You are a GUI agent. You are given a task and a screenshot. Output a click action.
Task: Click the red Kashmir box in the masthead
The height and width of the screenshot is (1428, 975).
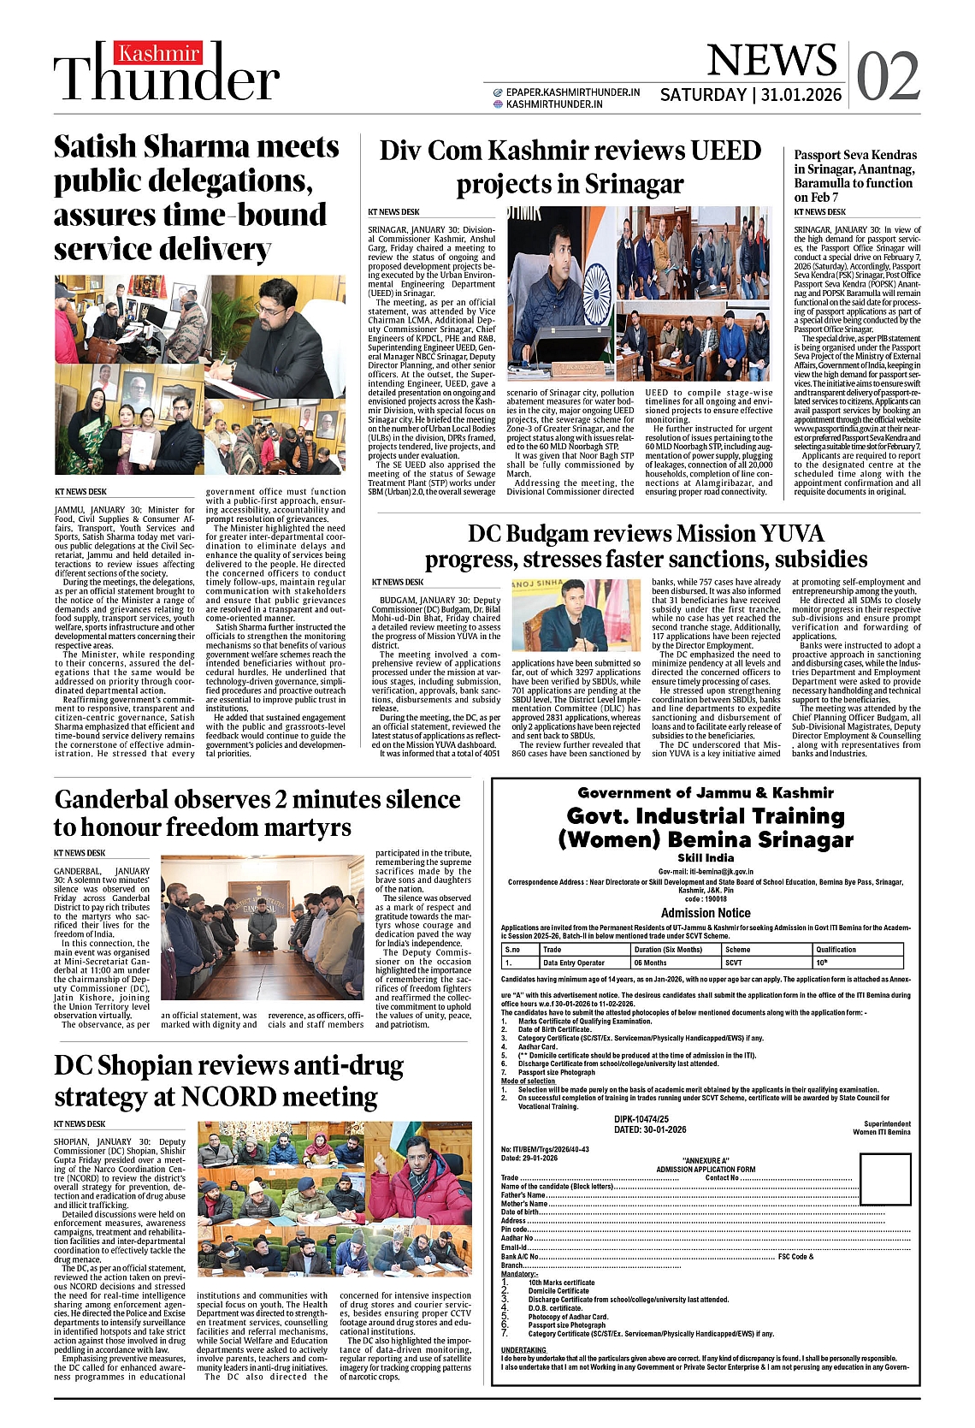[159, 54]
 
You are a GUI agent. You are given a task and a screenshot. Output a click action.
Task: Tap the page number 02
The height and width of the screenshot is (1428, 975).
[888, 77]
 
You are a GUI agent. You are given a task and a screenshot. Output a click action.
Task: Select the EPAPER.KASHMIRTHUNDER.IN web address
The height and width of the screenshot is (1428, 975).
[572, 92]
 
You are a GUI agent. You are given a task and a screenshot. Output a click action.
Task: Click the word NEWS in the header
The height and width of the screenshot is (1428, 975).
[771, 61]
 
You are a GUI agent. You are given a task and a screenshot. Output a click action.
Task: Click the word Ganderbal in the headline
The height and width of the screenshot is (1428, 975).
[111, 799]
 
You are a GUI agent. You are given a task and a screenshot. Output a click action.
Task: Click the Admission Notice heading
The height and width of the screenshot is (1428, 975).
[706, 913]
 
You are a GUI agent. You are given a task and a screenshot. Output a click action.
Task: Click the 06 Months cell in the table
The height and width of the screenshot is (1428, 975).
[650, 963]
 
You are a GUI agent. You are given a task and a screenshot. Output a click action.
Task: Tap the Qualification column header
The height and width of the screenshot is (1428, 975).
[836, 949]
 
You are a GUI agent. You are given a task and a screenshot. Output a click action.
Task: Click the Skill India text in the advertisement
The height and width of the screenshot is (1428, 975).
[706, 857]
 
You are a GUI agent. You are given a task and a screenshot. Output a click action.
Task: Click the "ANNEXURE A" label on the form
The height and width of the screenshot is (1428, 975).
[706, 1161]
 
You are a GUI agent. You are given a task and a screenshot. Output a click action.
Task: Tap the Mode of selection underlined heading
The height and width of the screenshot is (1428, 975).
[528, 1081]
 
